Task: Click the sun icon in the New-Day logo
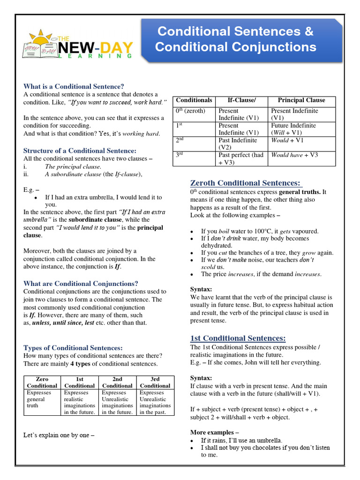click(x=41, y=38)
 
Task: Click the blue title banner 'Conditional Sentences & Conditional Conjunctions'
click(x=236, y=39)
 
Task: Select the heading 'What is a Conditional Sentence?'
click(x=74, y=86)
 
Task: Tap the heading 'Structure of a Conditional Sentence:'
click(x=80, y=150)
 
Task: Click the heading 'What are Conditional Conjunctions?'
click(x=81, y=284)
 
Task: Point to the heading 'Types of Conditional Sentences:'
click(x=73, y=348)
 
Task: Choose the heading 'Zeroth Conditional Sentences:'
click(x=246, y=183)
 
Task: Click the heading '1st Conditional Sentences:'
click(x=238, y=338)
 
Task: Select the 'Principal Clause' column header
click(x=301, y=100)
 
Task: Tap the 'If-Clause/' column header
click(x=241, y=100)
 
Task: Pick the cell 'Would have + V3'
click(x=294, y=155)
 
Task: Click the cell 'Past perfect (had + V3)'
click(x=241, y=158)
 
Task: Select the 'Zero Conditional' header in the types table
click(x=42, y=382)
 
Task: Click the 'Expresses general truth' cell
click(x=37, y=399)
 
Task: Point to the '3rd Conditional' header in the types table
click(x=155, y=382)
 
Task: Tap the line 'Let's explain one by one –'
click(x=59, y=435)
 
